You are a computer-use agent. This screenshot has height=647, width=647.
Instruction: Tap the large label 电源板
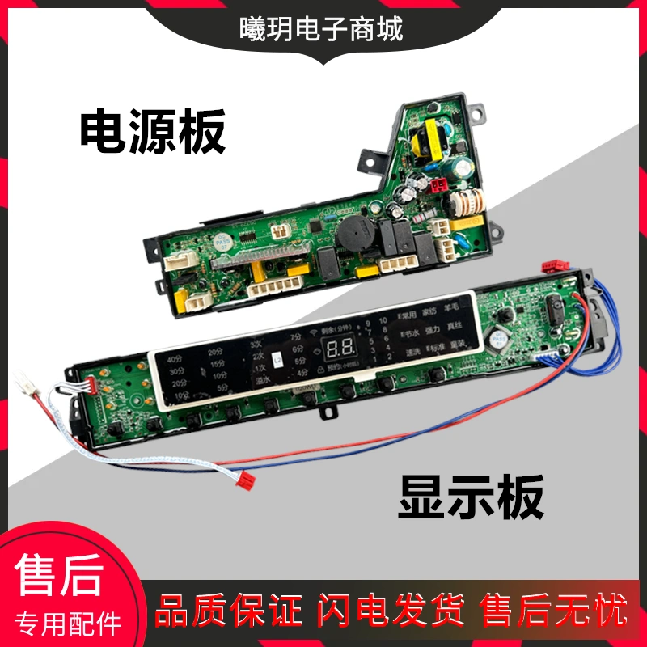tap(152, 133)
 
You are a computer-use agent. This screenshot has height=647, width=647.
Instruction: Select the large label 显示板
tap(470, 497)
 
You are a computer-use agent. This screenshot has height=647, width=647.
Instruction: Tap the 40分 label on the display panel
tap(173, 358)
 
